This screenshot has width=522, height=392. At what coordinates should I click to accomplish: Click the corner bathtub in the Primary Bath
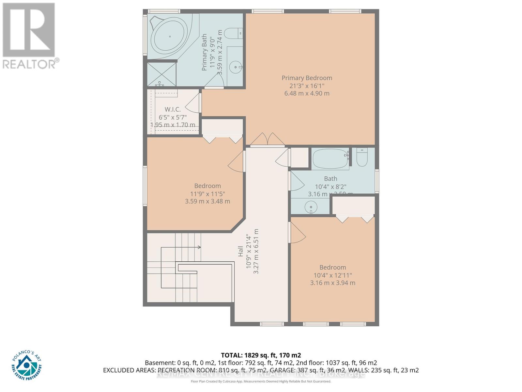(170, 37)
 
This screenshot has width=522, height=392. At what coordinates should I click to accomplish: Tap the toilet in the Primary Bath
(234, 33)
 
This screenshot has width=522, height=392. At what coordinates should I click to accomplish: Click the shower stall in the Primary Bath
(161, 74)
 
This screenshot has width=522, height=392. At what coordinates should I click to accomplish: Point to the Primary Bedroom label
(307, 78)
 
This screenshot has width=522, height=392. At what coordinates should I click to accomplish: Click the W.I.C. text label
(173, 109)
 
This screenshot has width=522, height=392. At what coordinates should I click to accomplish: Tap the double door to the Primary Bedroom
(267, 139)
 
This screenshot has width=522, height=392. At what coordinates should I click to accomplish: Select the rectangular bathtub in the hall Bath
(330, 159)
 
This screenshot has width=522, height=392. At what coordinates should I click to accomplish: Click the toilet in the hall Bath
(362, 157)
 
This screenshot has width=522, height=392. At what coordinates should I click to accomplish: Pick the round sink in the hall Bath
(311, 207)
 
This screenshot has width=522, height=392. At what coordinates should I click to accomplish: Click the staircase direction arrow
(198, 247)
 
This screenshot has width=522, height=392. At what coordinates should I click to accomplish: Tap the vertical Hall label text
(241, 251)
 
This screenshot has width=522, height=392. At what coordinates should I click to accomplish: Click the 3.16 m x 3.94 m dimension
(332, 283)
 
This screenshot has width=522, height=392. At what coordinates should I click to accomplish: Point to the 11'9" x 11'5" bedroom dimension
(207, 194)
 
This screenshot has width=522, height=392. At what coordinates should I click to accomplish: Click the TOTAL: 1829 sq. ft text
(261, 355)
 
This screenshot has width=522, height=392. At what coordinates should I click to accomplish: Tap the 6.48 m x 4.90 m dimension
(307, 93)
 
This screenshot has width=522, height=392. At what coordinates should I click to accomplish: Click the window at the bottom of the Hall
(272, 324)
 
